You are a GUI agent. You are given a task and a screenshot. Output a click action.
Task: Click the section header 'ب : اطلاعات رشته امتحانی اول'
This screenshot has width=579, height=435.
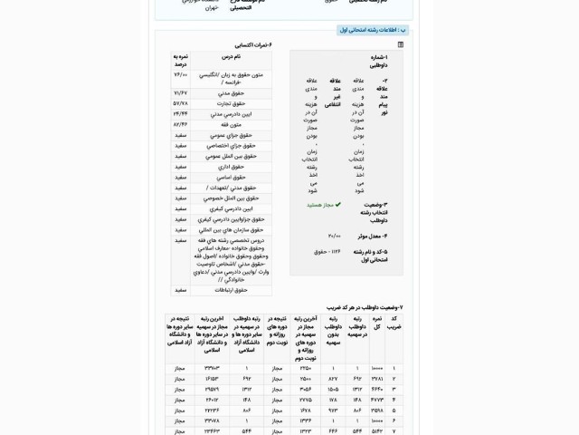(372, 29)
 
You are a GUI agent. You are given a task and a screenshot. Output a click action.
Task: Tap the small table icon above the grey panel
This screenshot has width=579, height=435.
(401, 43)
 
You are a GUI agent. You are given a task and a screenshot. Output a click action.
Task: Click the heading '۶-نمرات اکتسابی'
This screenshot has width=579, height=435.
(253, 44)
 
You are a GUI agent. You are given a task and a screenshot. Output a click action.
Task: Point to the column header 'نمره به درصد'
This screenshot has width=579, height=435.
(180, 60)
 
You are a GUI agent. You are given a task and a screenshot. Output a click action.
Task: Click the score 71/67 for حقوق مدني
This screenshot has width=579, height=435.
(180, 93)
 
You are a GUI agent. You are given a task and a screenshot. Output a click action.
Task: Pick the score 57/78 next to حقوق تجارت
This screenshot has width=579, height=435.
(180, 103)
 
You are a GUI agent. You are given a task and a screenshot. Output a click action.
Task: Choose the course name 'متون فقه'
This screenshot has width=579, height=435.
(231, 123)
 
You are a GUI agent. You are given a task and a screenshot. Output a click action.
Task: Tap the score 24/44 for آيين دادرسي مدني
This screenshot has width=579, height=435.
(180, 113)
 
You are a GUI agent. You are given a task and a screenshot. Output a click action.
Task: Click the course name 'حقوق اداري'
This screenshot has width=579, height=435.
(233, 166)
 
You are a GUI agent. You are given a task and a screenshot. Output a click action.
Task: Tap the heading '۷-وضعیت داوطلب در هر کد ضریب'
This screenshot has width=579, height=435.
(362, 308)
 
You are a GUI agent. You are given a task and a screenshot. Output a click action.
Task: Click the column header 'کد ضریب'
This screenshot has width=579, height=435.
(394, 324)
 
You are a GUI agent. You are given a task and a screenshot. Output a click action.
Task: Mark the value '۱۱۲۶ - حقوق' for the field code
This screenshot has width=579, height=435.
(327, 251)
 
